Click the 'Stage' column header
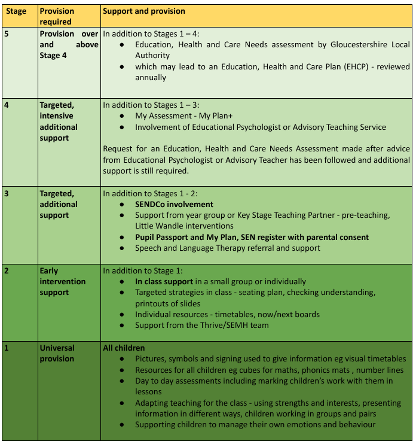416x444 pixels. pos(16,11)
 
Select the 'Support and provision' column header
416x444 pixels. pos(144,11)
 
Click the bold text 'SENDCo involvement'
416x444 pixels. pos(174,204)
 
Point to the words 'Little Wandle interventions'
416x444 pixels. pos(184,226)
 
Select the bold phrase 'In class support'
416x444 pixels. pos(164,281)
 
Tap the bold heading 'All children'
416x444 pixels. pos(124,348)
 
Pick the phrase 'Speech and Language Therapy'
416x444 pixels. pos(191,248)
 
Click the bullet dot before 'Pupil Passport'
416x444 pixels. pos(122,237)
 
